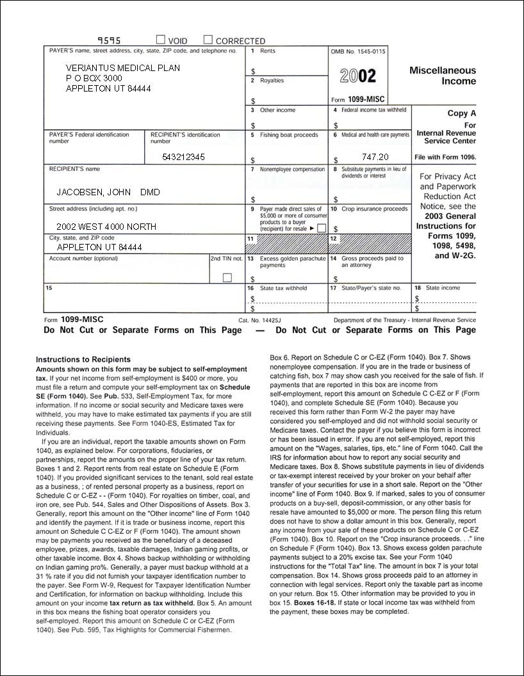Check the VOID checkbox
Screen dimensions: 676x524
pyautogui.click(x=161, y=40)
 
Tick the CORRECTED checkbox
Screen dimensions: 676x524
pyautogui.click(x=208, y=40)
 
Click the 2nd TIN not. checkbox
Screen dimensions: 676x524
pyautogui.click(x=227, y=278)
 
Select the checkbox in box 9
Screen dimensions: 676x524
pyautogui.click(x=322, y=228)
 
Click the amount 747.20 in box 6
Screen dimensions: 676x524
pyautogui.click(x=375, y=157)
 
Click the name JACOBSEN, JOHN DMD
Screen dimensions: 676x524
pyautogui.click(x=108, y=192)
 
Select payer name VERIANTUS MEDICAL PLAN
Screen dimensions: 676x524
pyautogui.click(x=123, y=68)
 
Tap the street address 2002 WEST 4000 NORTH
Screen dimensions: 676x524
pyautogui.click(x=106, y=227)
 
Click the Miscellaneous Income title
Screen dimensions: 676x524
pyautogui.click(x=443, y=76)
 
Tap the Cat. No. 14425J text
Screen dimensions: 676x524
pyautogui.click(x=264, y=319)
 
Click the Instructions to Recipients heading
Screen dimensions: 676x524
pyautogui.click(x=83, y=360)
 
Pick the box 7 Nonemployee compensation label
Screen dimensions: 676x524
pyautogui.click(x=292, y=170)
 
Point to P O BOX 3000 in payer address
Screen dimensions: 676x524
pyautogui.click(x=94, y=78)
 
